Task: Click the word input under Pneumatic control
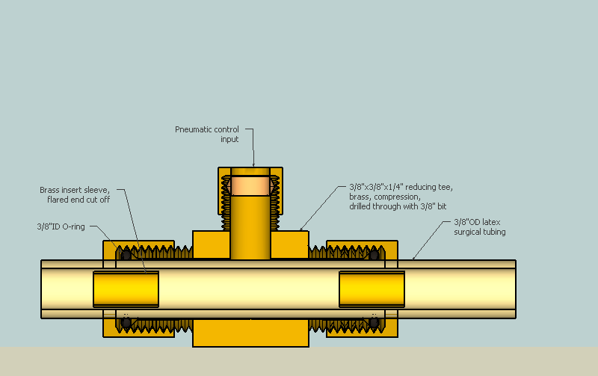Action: (x=230, y=139)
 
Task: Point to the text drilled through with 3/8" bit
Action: (x=398, y=206)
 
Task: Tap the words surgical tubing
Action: (x=480, y=232)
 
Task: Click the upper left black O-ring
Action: (x=126, y=255)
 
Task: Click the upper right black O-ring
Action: (x=373, y=255)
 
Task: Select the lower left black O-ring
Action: (x=126, y=322)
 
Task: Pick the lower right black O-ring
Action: (x=373, y=322)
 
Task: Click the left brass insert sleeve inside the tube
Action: (x=126, y=289)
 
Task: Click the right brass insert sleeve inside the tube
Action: (x=372, y=289)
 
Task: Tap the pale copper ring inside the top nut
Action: (x=250, y=185)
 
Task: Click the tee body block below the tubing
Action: (x=250, y=333)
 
